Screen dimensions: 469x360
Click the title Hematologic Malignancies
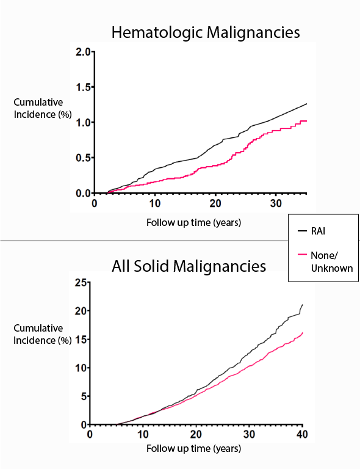pos(205,32)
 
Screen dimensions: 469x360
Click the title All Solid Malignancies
pos(189,266)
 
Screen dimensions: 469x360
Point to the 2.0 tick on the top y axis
pos(81,53)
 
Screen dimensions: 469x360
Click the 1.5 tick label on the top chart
pos(81,88)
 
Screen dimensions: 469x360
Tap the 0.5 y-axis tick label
pos(81,158)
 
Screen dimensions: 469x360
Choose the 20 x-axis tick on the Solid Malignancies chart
pos(196,434)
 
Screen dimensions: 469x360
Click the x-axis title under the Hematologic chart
pos(193,222)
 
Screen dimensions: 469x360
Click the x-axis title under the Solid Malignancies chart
pos(193,449)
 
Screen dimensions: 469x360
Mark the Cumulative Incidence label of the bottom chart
pos(38,334)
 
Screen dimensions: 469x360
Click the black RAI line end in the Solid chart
pos(302,305)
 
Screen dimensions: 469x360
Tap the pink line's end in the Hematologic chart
pos(306,121)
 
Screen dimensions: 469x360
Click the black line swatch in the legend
pos(301,231)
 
